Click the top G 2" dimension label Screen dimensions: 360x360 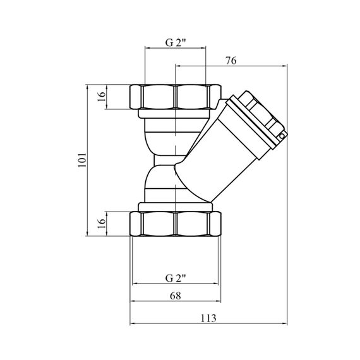(x=176, y=43)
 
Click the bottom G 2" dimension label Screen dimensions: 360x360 (x=176, y=279)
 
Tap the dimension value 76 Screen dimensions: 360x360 (x=231, y=61)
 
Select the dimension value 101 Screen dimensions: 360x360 (x=82, y=160)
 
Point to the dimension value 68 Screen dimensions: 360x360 (x=176, y=296)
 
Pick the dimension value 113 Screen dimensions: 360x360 (x=208, y=318)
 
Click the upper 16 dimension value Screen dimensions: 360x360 (x=101, y=97)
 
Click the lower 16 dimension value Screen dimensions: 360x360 (x=101, y=224)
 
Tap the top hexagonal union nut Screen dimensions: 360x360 (x=176, y=97)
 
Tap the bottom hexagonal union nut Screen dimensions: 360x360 (x=176, y=224)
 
